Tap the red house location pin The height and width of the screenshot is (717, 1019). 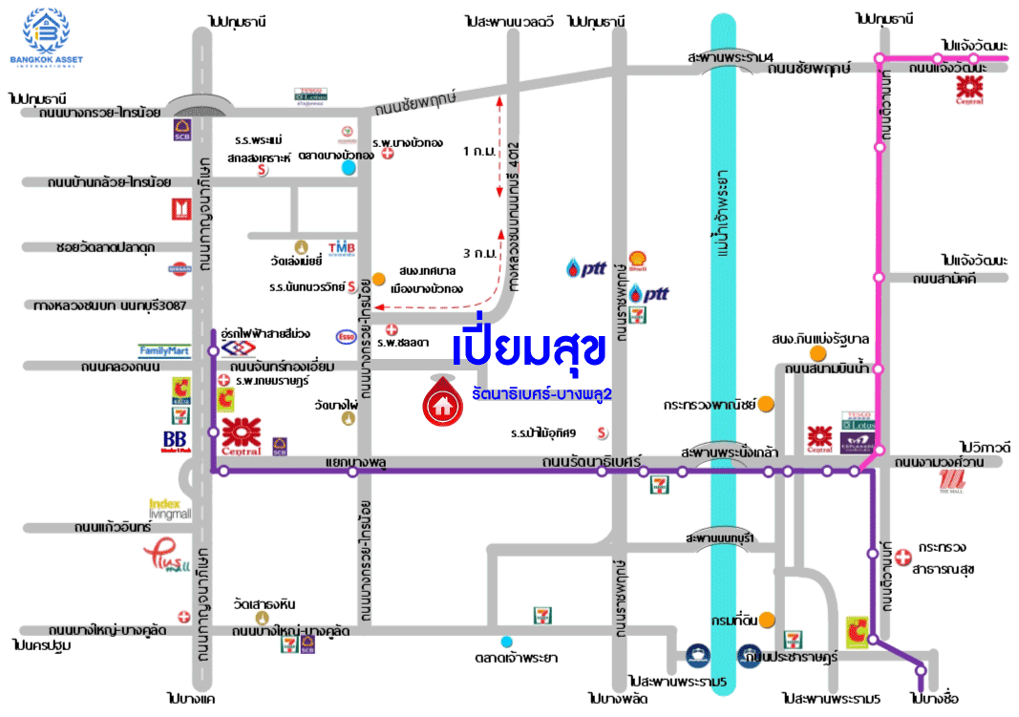(440, 402)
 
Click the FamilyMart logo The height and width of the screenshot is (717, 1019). (165, 350)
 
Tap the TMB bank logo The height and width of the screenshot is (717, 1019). (342, 248)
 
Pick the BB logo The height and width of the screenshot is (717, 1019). (175, 441)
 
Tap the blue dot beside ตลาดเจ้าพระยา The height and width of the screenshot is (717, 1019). (506, 641)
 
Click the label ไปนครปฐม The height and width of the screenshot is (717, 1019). (37, 646)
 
